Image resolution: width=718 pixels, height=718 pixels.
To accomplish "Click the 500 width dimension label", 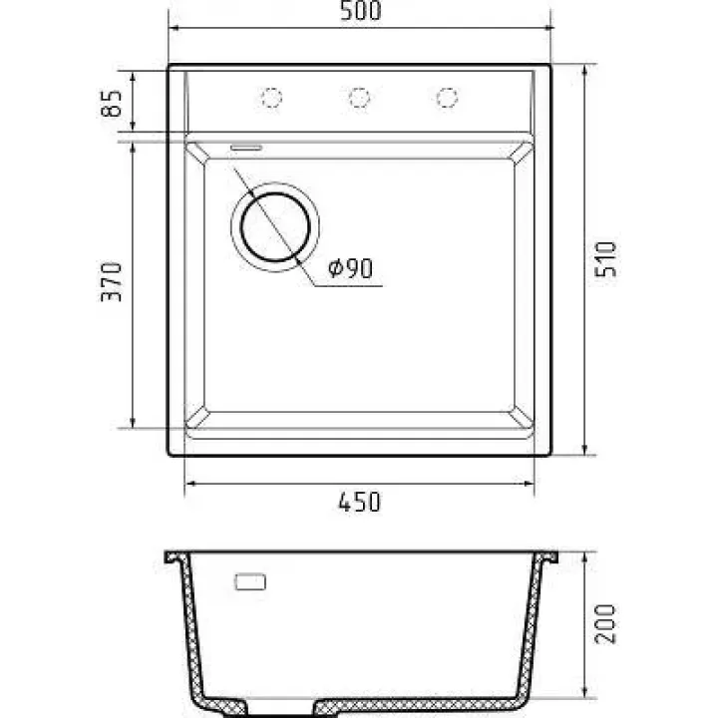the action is point(360,11).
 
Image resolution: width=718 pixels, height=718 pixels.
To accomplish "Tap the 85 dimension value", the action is point(112,103).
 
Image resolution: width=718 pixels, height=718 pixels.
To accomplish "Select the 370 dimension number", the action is point(112,281).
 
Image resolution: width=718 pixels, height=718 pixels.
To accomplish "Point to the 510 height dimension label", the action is point(605,259).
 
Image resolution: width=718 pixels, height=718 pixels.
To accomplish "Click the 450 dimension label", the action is point(359,502).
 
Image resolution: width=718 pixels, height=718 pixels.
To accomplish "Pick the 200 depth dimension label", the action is point(605,623).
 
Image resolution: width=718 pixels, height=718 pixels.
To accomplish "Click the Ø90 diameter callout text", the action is point(350,268).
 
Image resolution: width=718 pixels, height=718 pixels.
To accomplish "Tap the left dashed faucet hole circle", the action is point(271,98).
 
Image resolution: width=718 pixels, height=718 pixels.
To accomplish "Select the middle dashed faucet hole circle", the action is point(359,98).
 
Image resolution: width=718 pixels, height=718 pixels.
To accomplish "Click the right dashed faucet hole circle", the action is point(447,98).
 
